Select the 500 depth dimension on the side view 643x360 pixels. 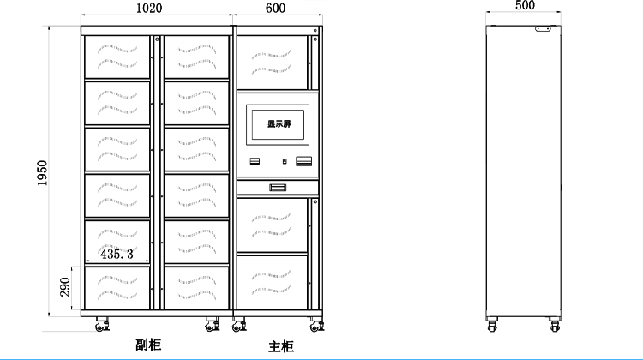(x=525, y=5)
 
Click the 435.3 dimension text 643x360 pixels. (x=117, y=255)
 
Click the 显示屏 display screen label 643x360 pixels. (x=279, y=123)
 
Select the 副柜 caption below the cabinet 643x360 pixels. (x=148, y=345)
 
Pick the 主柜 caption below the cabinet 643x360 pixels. (x=281, y=346)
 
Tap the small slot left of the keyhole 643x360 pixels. (x=255, y=162)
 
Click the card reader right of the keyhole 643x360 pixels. (x=303, y=162)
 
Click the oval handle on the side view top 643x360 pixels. (x=542, y=28)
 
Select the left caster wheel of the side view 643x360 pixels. (x=492, y=324)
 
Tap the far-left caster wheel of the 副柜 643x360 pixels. (x=102, y=325)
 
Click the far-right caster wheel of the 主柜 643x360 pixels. (x=315, y=325)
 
